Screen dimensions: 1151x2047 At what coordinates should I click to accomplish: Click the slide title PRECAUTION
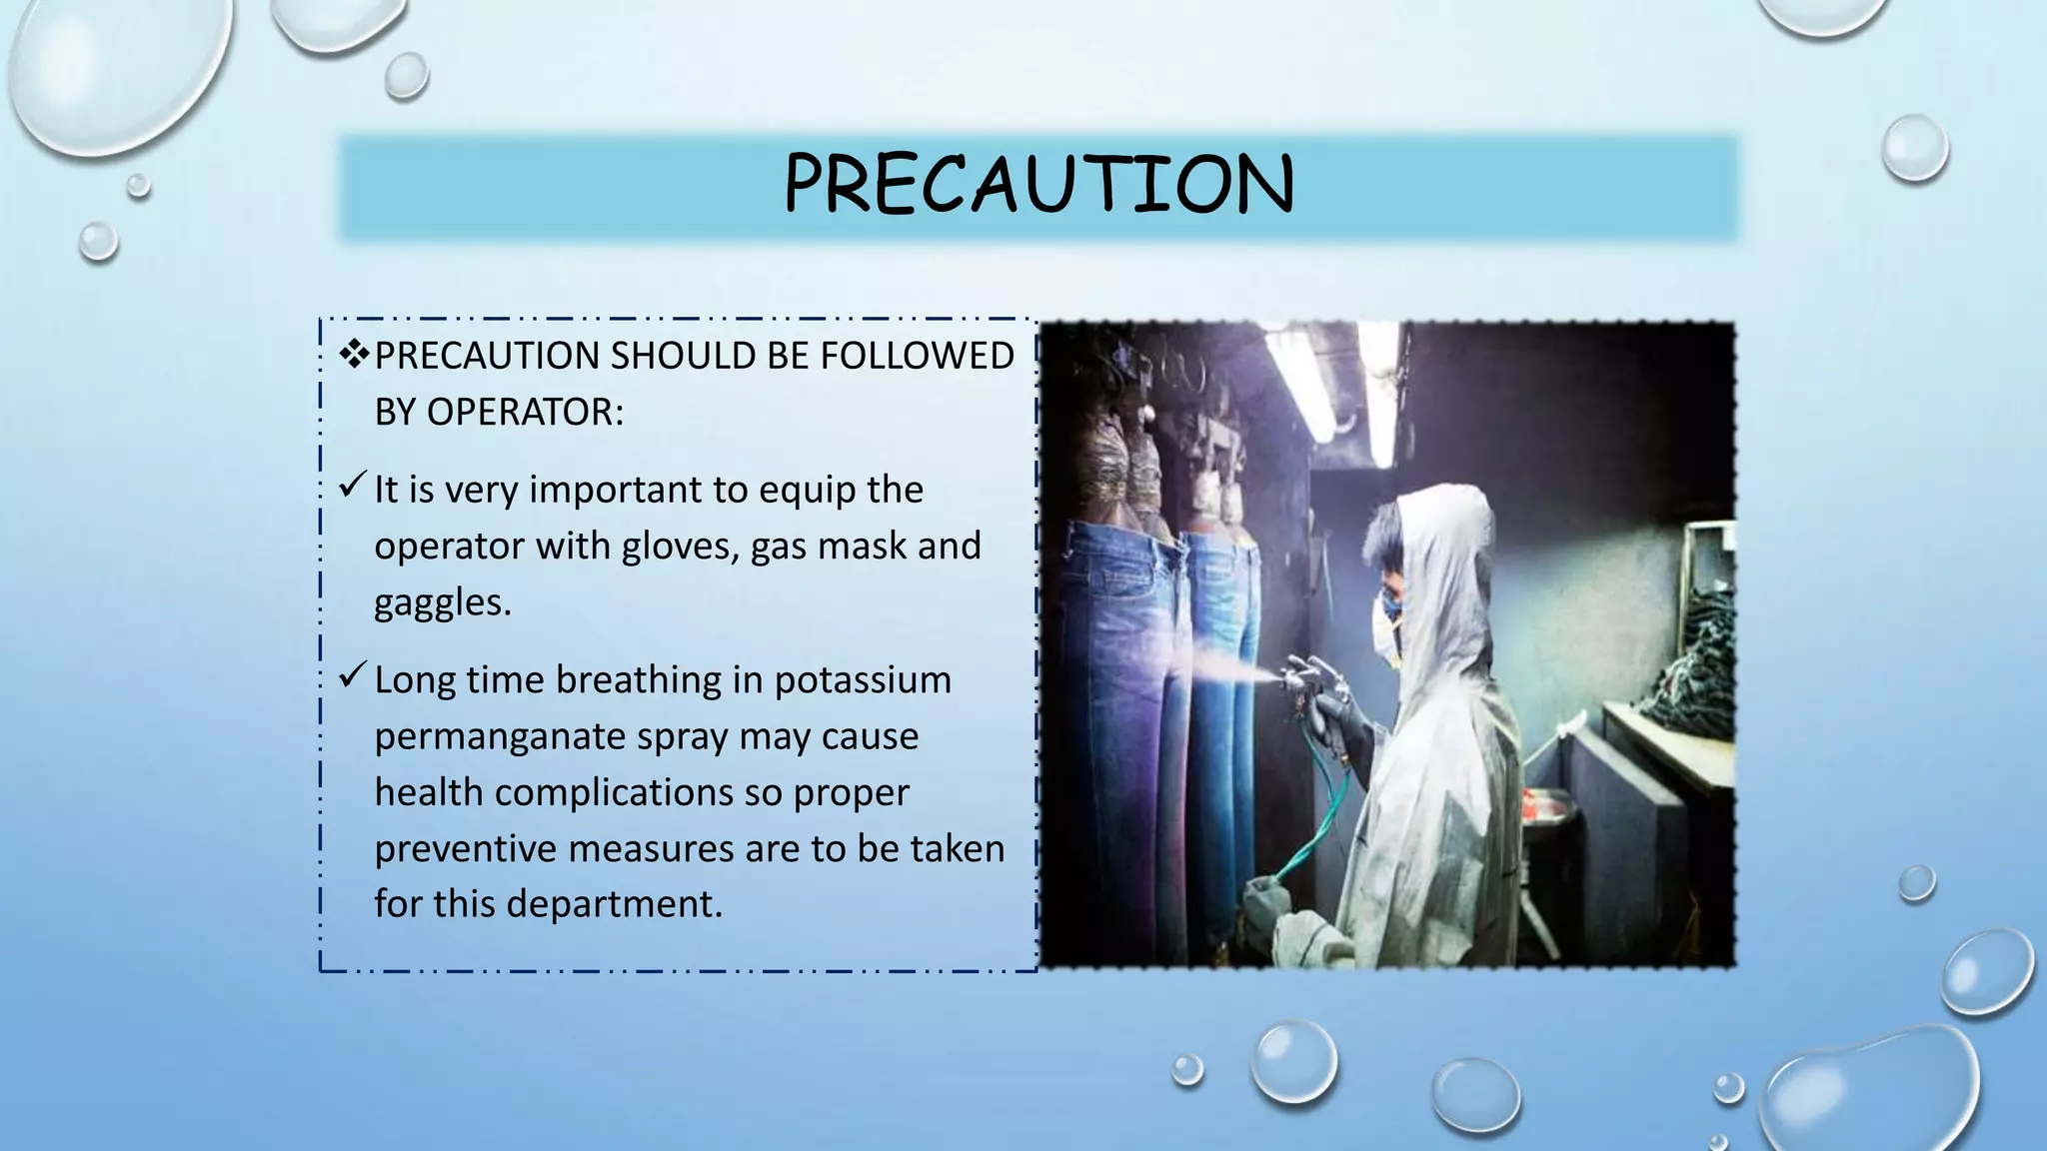[x=1038, y=185]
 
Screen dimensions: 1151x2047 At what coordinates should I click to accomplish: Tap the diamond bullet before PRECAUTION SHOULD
[x=354, y=354]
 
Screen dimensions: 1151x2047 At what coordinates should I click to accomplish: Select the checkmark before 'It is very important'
[x=353, y=486]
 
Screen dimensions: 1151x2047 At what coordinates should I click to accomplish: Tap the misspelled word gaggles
[x=442, y=602]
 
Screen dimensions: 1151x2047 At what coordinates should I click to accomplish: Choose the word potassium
[x=863, y=679]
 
